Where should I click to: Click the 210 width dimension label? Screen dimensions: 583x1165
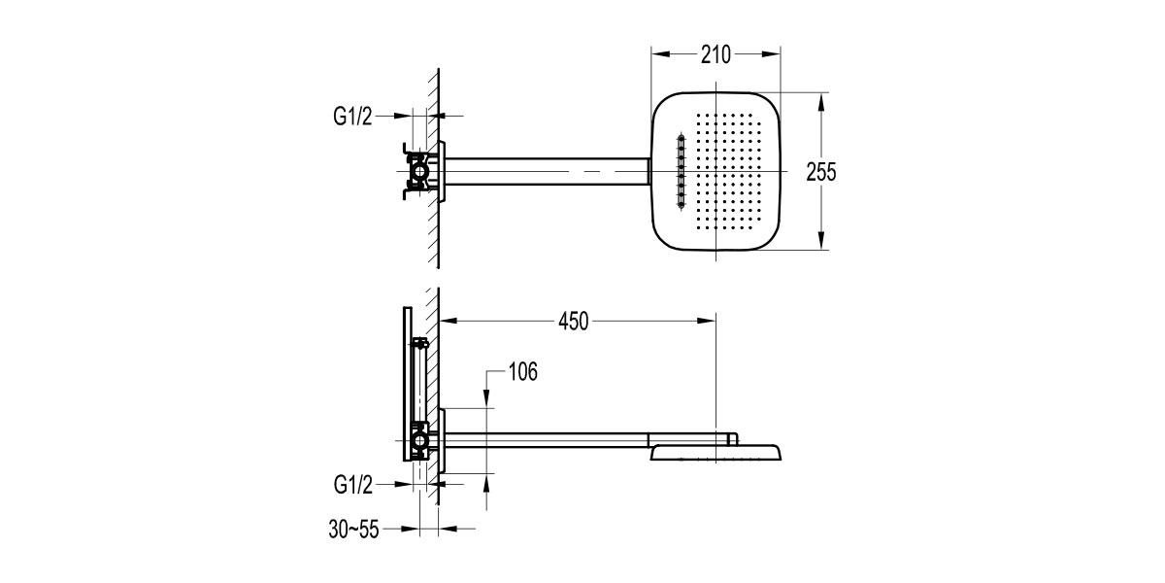coord(716,54)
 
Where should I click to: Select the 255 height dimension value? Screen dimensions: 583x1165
coord(821,172)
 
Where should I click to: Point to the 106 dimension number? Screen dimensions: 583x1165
coord(521,371)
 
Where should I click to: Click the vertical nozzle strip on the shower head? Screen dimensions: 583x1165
coord(681,172)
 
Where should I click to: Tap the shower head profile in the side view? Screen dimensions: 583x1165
coord(716,452)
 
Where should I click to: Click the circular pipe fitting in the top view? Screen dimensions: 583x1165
coord(420,172)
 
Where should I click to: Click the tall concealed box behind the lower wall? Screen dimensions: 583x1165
coord(405,384)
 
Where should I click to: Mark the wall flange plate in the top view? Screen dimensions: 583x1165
coord(443,172)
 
